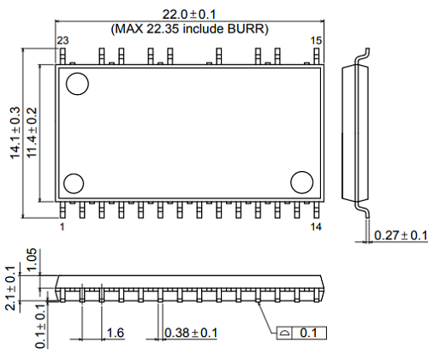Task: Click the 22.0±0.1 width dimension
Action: click(190, 13)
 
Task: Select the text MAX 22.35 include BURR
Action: click(190, 28)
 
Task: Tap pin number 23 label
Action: click(62, 40)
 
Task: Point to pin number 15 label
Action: click(315, 40)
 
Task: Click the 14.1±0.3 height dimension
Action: click(15, 133)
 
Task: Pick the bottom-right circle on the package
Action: click(302, 182)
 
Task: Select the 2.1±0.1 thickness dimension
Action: click(11, 289)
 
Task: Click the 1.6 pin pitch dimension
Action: click(116, 331)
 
